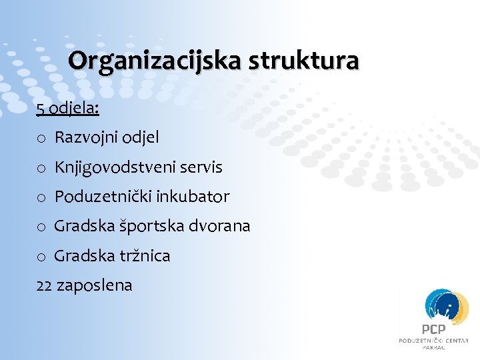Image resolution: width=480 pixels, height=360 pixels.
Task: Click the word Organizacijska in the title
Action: [x=155, y=61]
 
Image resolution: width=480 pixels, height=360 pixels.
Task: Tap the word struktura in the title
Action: [x=305, y=61]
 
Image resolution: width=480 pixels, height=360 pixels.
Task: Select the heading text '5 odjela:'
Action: [x=67, y=108]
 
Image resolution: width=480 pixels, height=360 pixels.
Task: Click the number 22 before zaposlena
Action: [x=45, y=285]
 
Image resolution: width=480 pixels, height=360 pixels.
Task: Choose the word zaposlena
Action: [x=95, y=285]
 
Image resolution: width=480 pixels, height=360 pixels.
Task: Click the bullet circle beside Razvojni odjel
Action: [x=41, y=139]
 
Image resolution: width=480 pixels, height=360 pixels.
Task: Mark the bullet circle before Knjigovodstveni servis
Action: [x=41, y=168]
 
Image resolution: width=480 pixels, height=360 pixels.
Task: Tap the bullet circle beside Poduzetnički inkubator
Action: [x=41, y=197]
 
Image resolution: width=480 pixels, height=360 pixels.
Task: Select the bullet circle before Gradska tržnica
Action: [x=41, y=256]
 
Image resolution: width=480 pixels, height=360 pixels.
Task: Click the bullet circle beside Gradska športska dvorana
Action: [x=41, y=227]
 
